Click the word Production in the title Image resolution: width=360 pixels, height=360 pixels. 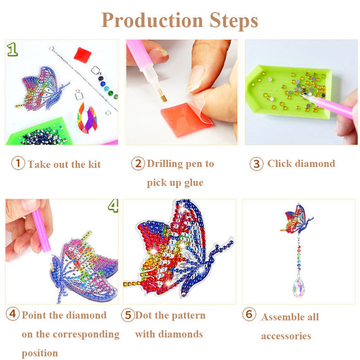click(x=152, y=20)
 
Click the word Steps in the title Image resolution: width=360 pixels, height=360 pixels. click(x=234, y=21)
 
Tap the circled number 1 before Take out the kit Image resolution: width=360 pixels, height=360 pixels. click(x=18, y=163)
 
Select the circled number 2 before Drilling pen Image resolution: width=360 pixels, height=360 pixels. click(x=138, y=163)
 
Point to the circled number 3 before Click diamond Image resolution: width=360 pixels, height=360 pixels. click(x=256, y=164)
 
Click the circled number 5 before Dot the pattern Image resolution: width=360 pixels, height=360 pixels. click(x=128, y=315)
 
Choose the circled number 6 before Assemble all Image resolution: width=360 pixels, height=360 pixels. click(x=249, y=314)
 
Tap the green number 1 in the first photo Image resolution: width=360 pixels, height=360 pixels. click(x=12, y=49)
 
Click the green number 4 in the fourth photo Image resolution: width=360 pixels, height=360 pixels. click(x=113, y=206)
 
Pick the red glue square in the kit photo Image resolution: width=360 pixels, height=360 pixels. click(x=82, y=55)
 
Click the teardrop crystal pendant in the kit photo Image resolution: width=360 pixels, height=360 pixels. click(x=87, y=118)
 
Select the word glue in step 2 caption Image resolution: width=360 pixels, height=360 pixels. click(x=194, y=183)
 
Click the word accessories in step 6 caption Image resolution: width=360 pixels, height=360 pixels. click(x=286, y=336)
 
